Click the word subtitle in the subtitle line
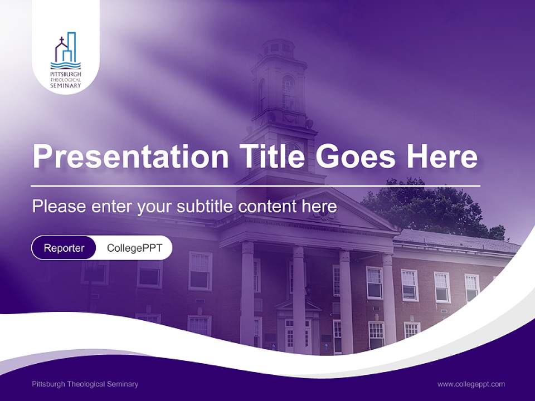pyautogui.click(x=206, y=207)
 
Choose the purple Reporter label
pyautogui.click(x=64, y=248)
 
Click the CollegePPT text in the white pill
pyautogui.click(x=134, y=248)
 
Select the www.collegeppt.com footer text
pyautogui.click(x=471, y=384)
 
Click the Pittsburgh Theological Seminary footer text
pyautogui.click(x=85, y=384)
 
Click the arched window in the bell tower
pyautogui.click(x=288, y=92)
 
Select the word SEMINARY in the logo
pyautogui.click(x=66, y=86)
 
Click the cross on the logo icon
pyautogui.click(x=61, y=41)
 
